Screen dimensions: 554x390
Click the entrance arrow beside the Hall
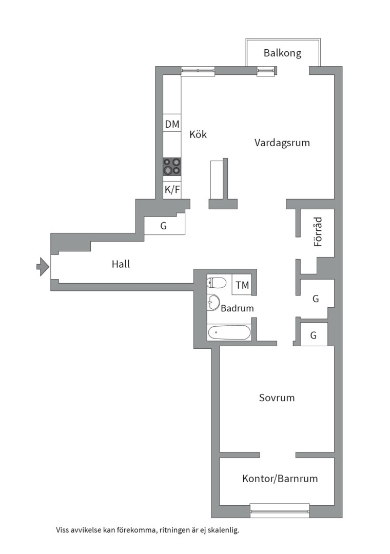click(x=43, y=266)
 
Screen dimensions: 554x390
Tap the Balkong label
click(x=282, y=53)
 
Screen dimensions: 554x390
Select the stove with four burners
click(x=172, y=166)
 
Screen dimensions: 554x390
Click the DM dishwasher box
click(x=172, y=124)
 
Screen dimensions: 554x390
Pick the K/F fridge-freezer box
click(x=172, y=190)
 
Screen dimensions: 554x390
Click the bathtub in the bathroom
click(x=229, y=332)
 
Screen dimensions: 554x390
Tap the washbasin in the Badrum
click(x=212, y=303)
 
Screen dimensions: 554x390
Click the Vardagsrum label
click(x=282, y=143)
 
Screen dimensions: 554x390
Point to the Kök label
click(x=198, y=134)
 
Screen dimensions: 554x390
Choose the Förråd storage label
click(x=319, y=232)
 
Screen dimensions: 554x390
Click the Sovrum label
click(x=277, y=398)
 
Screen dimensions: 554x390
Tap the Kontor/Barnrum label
click(x=280, y=479)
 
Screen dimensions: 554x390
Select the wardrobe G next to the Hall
click(x=164, y=225)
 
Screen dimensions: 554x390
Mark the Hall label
click(x=121, y=264)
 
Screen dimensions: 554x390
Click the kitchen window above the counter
click(x=198, y=72)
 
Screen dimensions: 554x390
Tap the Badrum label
click(x=237, y=308)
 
